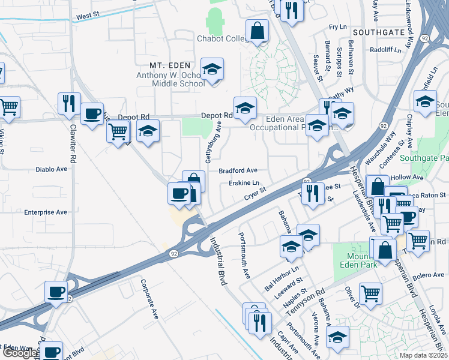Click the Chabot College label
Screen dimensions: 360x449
(x=222, y=39)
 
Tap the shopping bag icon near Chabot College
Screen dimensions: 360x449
(x=257, y=31)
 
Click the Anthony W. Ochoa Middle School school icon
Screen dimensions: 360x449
(x=211, y=70)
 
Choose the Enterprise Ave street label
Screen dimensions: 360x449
(x=46, y=212)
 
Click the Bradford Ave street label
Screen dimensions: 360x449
(x=238, y=170)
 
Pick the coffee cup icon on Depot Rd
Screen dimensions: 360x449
(x=92, y=114)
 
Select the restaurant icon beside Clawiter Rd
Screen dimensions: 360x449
(x=69, y=103)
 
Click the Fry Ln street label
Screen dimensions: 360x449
(x=339, y=27)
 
